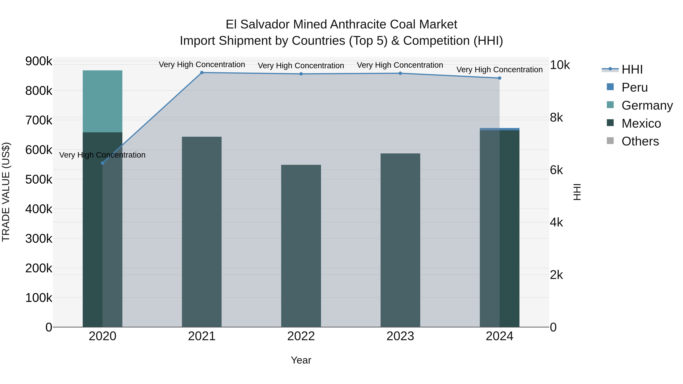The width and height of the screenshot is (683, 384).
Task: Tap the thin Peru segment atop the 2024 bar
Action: [500, 129]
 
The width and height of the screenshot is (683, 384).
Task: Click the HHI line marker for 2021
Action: [202, 73]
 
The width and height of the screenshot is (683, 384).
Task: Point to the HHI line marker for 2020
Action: [103, 163]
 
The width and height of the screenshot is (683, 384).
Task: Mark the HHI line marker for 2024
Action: [500, 78]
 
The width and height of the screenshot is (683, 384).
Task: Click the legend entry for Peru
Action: [634, 87]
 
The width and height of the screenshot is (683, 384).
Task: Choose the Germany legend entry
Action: [647, 105]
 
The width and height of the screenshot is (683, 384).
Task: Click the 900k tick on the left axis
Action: [39, 61]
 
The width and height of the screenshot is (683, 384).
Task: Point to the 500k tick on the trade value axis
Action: [39, 179]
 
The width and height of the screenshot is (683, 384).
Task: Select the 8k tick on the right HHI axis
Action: [556, 117]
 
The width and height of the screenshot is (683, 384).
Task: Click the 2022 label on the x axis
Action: [301, 336]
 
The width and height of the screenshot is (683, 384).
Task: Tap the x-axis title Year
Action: [301, 360]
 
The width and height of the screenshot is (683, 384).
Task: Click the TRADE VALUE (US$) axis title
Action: [6, 192]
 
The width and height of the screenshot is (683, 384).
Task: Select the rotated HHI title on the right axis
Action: [577, 192]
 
